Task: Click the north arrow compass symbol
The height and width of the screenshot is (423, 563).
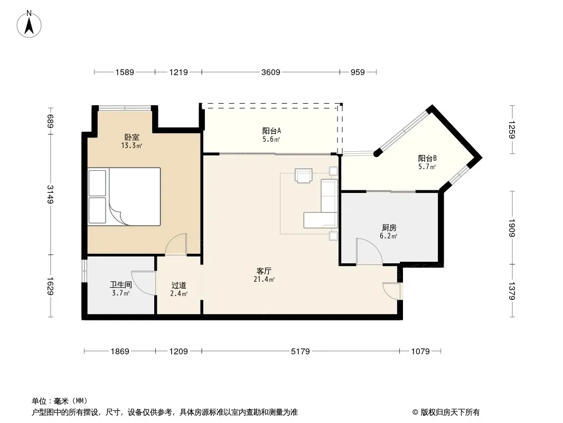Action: click(29, 24)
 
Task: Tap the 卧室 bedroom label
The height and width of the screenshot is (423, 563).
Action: click(132, 137)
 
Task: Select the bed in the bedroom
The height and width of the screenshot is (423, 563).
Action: click(124, 197)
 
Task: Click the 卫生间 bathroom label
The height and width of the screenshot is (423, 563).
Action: click(120, 285)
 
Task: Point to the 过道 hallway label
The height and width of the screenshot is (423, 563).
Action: click(179, 286)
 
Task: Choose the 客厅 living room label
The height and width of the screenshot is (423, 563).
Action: click(264, 271)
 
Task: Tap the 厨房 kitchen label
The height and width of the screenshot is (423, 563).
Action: click(389, 228)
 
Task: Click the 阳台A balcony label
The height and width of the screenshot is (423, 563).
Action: click(271, 131)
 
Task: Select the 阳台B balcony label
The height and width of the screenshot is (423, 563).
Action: click(427, 158)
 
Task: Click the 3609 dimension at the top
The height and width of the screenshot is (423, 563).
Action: click(271, 72)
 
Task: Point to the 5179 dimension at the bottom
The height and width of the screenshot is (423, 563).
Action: click(300, 351)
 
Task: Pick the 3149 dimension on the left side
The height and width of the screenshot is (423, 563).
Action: click(50, 194)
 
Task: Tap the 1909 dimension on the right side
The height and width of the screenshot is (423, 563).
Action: click(512, 228)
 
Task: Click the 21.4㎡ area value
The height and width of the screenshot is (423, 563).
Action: click(264, 279)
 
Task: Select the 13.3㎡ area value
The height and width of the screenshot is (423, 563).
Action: click(132, 145)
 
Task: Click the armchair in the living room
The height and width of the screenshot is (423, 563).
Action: click(303, 176)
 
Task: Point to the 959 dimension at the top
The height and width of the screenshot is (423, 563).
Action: click(358, 72)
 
